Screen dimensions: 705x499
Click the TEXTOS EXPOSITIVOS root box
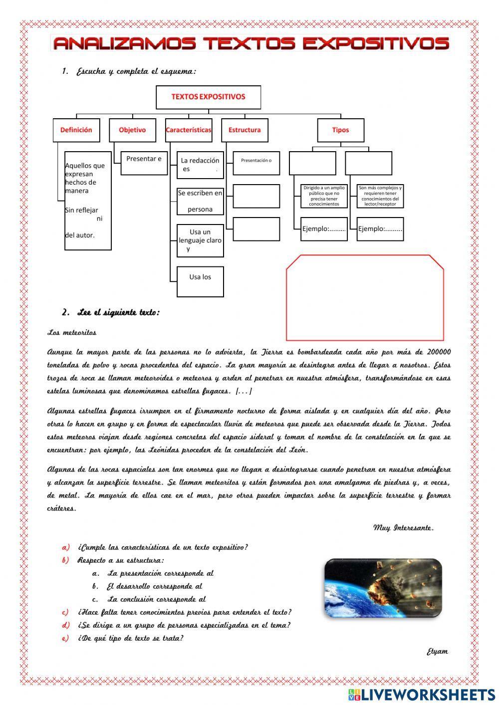pos(208,97)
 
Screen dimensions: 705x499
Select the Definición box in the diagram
pos(76,130)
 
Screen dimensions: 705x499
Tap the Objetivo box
pos(132,130)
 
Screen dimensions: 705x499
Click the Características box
pos(189,130)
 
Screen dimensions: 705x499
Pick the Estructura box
pos(245,130)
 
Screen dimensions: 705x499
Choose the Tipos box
pos(340,130)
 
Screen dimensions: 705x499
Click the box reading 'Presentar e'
pos(144,163)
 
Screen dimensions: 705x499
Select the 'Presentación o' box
pos(256,163)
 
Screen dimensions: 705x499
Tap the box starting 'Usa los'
pos(200,282)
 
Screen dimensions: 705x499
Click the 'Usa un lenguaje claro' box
pos(200,240)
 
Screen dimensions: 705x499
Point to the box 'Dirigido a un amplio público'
pos(324,196)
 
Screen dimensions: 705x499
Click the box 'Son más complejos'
pos(380,196)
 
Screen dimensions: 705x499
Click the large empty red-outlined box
pos(365,298)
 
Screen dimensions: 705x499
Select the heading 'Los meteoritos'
pos(72,332)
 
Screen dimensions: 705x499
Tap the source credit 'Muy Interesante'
pos(403,528)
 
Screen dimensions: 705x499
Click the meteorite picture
pos(383,588)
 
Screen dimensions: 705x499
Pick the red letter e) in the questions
pos(65,638)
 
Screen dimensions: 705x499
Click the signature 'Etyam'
pos(437,652)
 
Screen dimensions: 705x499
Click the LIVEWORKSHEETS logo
pos(421,694)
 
